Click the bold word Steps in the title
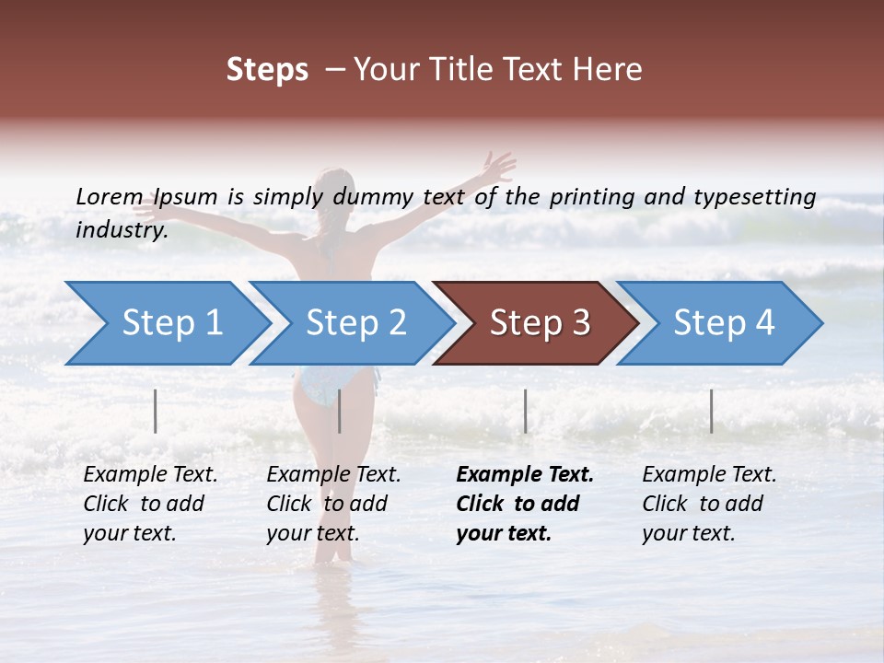coord(267,70)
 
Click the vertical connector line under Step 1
coord(156,411)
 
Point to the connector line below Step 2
coord(340,411)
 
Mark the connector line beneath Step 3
coord(525,411)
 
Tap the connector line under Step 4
coord(711,411)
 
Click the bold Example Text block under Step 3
coord(525,504)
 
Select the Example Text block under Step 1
coord(150,504)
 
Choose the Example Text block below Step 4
coord(709,504)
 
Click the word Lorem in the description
coord(110,196)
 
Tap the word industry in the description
coord(122,229)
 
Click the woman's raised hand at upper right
coord(498,167)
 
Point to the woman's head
coord(335,188)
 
